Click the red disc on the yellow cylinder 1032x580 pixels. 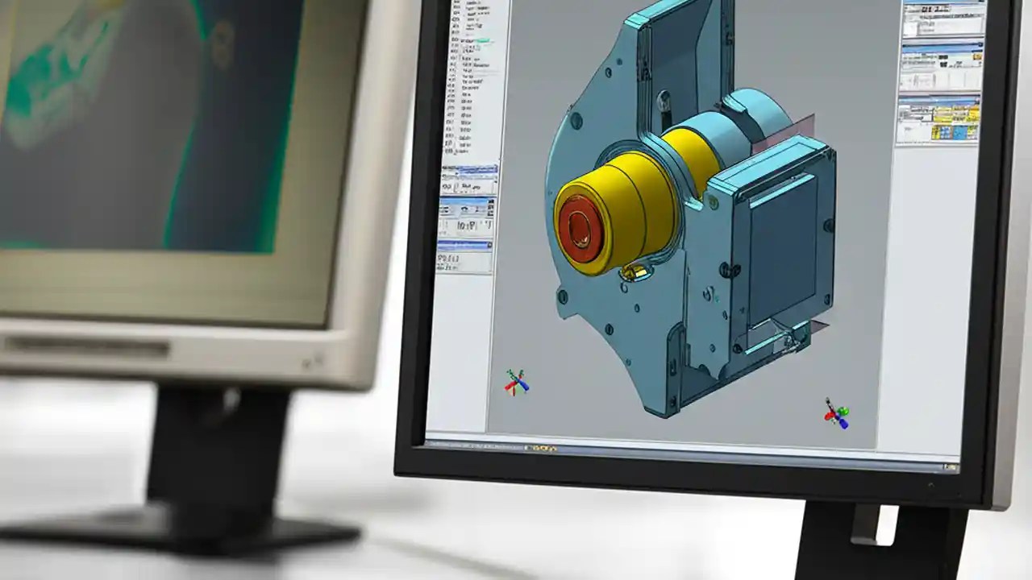tap(581, 228)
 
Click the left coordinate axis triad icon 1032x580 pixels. tap(516, 381)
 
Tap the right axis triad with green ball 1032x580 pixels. tap(836, 414)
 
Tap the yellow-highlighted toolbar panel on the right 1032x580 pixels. tap(939, 119)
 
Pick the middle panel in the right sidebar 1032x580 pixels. tap(938, 68)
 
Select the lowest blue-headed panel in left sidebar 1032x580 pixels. tap(464, 255)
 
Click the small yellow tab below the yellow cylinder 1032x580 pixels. tap(633, 275)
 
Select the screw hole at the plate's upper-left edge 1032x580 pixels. tap(576, 121)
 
